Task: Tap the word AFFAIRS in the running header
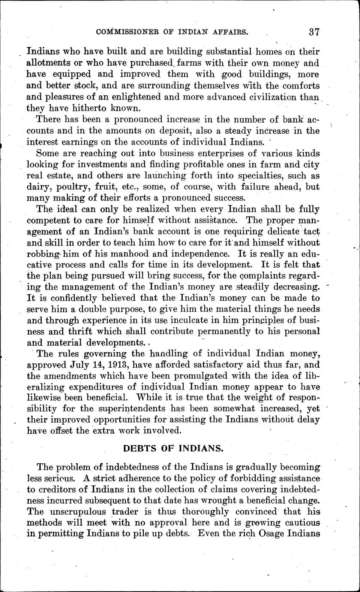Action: [x=226, y=32]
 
